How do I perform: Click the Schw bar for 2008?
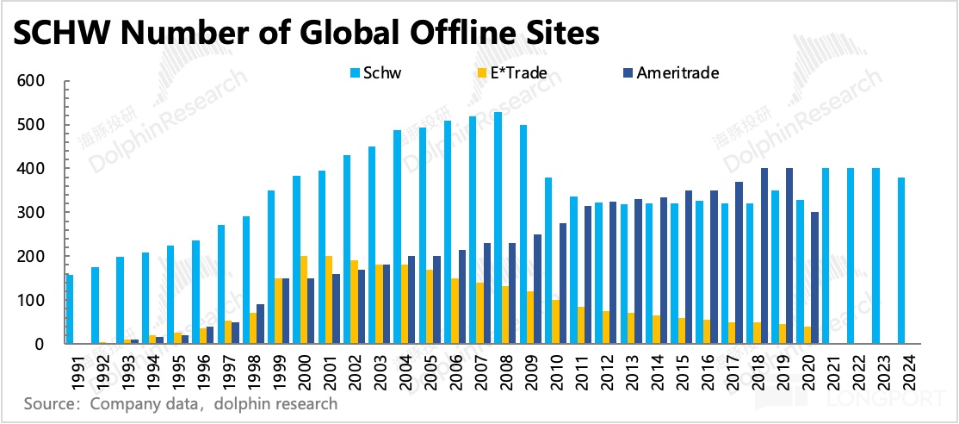(498, 228)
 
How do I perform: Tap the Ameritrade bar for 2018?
(764, 256)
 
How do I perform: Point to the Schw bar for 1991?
(70, 309)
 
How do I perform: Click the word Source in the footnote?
(48, 402)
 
